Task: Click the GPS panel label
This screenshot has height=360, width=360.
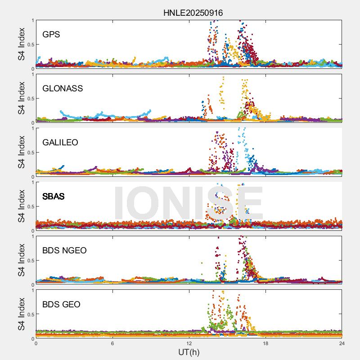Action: pos(51,34)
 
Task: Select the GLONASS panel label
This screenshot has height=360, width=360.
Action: pos(63,88)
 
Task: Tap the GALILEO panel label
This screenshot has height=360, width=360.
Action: pos(60,142)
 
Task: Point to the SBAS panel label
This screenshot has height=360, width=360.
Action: pos(54,196)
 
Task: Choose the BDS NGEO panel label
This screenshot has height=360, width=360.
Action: pos(64,250)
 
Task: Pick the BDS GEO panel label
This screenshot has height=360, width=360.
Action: pos(61,304)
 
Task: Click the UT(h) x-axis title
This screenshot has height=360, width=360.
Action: pos(189,351)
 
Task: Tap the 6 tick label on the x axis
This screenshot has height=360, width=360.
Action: pos(112,343)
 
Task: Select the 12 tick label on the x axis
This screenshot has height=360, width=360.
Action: pos(189,343)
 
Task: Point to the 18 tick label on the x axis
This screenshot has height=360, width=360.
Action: pos(265,343)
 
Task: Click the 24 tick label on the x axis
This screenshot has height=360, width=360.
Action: pos(342,343)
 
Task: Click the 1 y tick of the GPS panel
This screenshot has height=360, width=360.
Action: pos(32,21)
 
